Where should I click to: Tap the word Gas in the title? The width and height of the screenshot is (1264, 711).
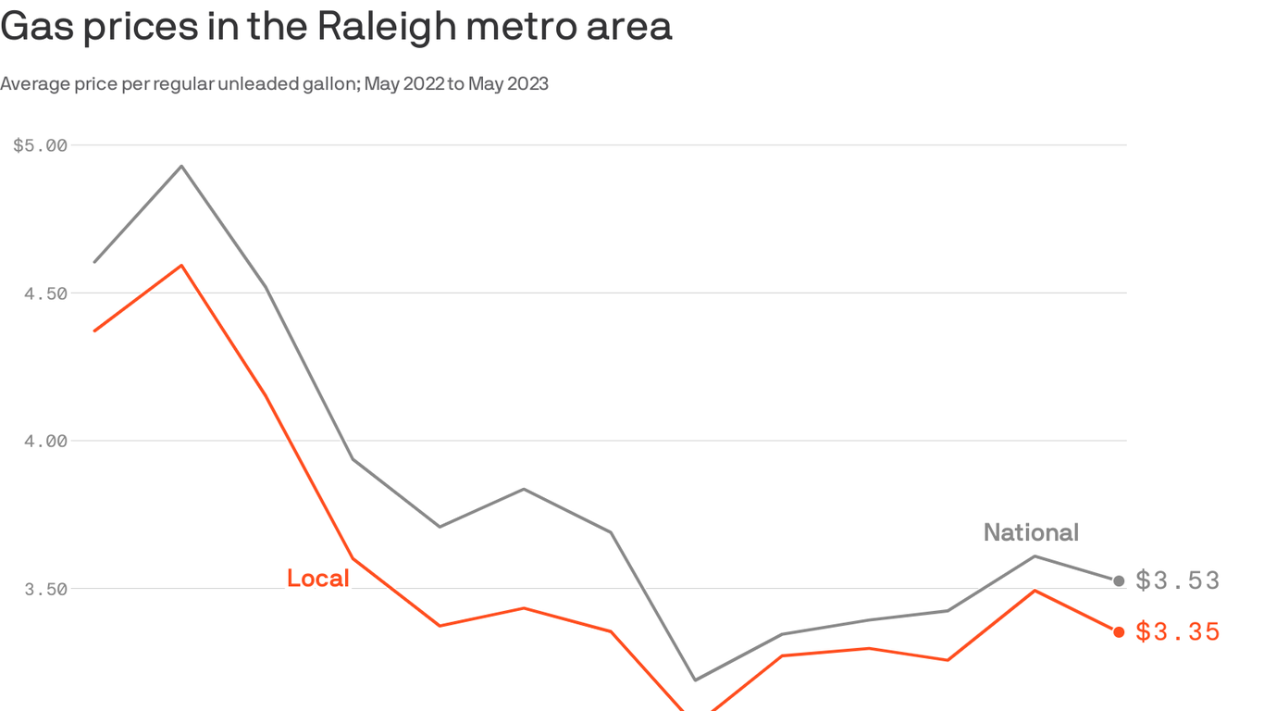tap(36, 28)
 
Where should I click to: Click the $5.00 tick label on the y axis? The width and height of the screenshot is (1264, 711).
tap(41, 145)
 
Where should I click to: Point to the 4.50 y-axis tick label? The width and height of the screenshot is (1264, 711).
tap(45, 293)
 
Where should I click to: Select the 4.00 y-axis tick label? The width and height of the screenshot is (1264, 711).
tap(45, 441)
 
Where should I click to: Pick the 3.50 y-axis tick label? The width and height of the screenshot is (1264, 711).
tap(45, 589)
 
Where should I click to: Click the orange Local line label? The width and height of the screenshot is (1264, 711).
tap(317, 579)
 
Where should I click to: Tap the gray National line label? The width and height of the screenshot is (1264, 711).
tap(1031, 532)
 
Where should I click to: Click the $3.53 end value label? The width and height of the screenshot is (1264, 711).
tap(1178, 580)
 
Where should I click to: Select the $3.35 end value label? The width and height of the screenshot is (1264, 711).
tap(1178, 632)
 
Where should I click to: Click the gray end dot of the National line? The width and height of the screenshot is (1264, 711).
tap(1119, 580)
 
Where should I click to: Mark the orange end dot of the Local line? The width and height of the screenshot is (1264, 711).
tap(1119, 631)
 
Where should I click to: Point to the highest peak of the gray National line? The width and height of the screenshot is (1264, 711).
tap(181, 166)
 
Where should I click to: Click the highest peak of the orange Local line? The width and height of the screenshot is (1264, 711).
tap(181, 266)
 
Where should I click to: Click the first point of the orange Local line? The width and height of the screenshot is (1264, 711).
tap(94, 331)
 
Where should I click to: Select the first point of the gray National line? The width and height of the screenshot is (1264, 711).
tap(94, 262)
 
